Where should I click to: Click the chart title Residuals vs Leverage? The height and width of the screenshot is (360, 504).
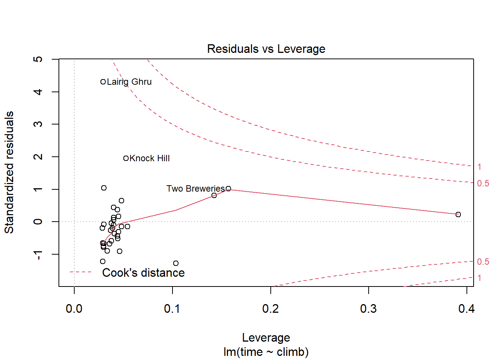coord(266,49)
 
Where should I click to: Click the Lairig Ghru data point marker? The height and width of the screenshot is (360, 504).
coord(103,82)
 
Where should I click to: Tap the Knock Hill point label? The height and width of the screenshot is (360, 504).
coord(150,158)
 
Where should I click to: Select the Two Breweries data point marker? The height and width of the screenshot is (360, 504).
coord(228,189)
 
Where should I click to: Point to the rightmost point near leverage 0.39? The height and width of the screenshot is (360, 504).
coord(458,214)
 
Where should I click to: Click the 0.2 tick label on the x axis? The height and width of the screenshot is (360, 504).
coord(270,309)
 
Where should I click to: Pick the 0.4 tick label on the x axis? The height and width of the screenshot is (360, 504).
coord(466,309)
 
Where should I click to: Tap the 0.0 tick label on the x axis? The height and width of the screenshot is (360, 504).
coord(74,309)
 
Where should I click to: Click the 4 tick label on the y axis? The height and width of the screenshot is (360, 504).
coord(38,91)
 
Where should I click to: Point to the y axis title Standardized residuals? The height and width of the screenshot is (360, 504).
coord(9,172)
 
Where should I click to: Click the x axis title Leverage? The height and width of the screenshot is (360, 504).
coord(266,337)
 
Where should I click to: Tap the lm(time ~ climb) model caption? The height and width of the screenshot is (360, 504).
coord(266,352)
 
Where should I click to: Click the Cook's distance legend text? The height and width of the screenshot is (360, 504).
coord(143,273)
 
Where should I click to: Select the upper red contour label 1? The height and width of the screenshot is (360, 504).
coord(479,167)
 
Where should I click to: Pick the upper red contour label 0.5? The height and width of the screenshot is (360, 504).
coord(483,183)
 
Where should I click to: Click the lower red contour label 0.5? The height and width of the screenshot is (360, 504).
coord(483,262)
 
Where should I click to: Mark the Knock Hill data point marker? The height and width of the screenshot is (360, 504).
coord(126,158)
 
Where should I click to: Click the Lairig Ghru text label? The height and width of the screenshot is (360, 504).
coord(129,82)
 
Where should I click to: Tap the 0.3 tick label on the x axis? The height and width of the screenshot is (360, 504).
coord(368,309)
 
